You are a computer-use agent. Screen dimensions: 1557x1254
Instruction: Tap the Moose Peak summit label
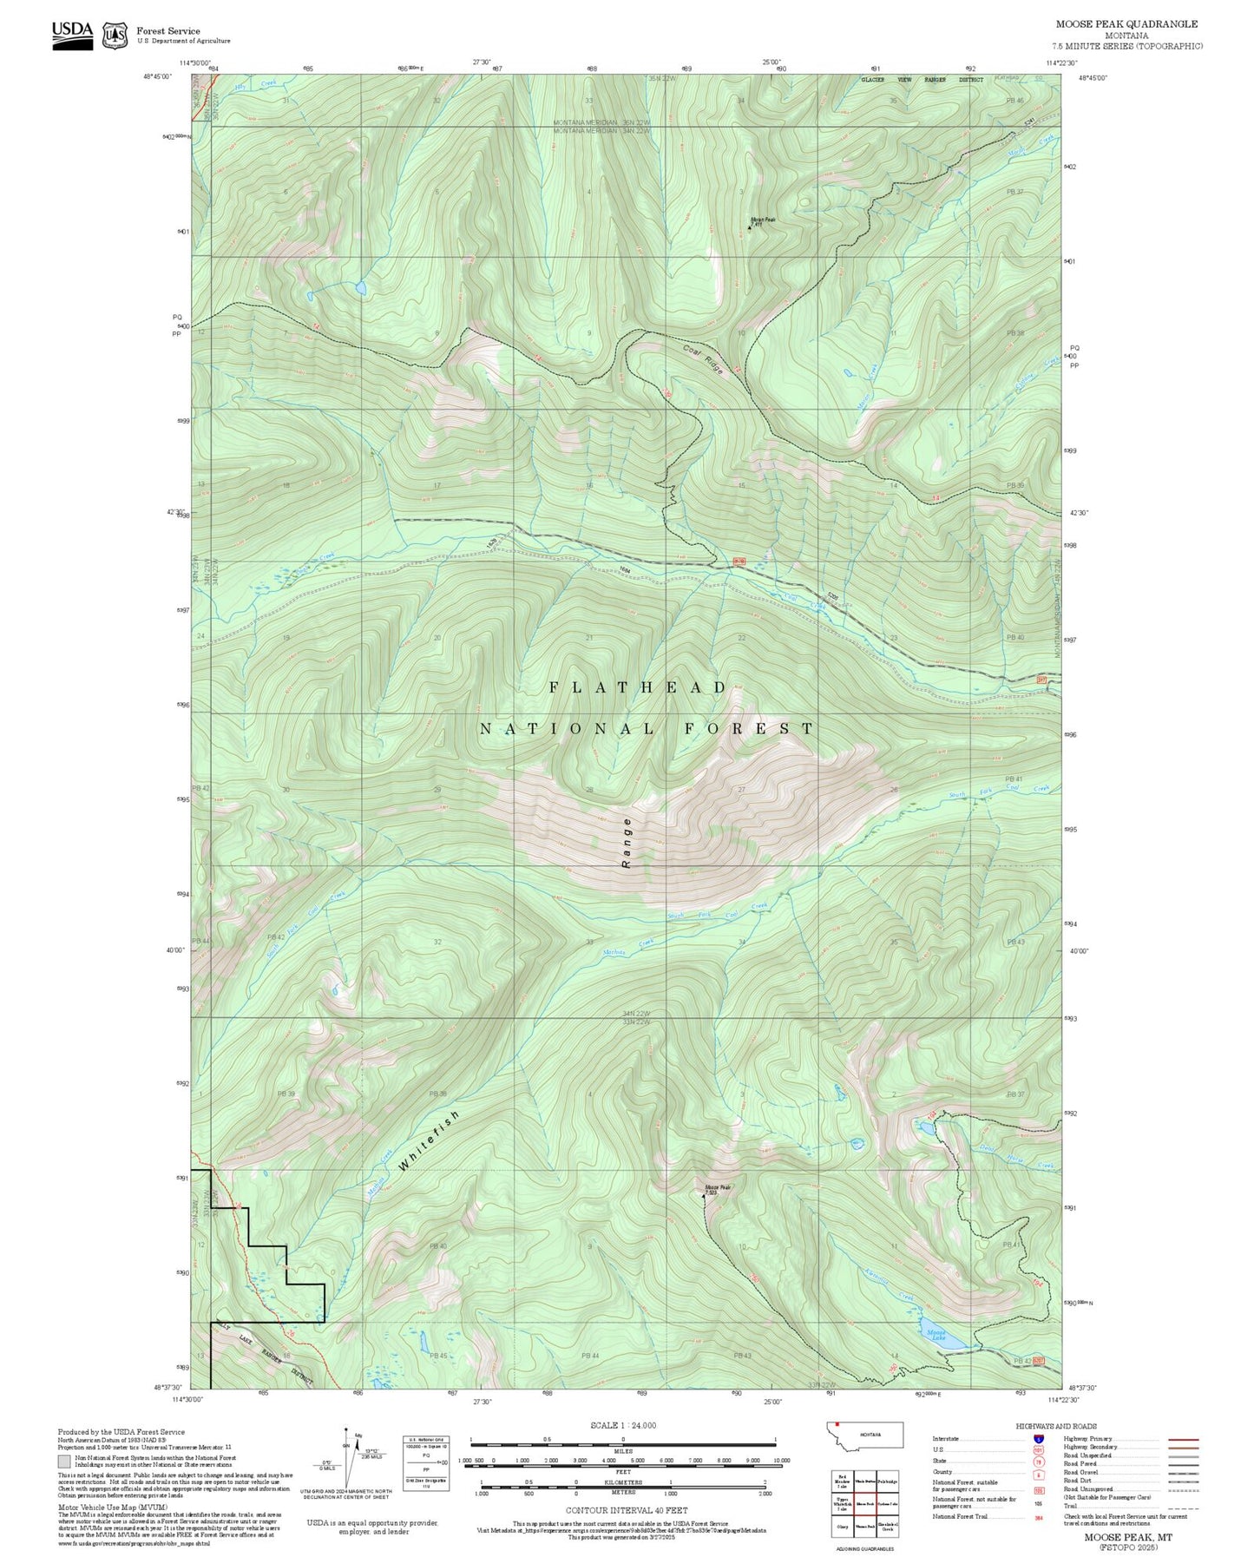(x=717, y=1188)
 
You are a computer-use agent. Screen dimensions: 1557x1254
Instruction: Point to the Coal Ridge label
(x=702, y=359)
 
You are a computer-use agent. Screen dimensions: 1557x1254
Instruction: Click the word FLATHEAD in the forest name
(x=638, y=687)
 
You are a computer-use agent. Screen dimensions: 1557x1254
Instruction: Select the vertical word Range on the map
(x=627, y=842)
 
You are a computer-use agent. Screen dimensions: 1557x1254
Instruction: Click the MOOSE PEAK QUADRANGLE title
(x=1126, y=24)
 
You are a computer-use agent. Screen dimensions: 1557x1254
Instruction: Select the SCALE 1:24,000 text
(x=622, y=1425)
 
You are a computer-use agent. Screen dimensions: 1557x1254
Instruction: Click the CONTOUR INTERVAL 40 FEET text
(x=622, y=1510)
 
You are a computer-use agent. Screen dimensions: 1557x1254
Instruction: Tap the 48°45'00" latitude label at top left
(x=159, y=77)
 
